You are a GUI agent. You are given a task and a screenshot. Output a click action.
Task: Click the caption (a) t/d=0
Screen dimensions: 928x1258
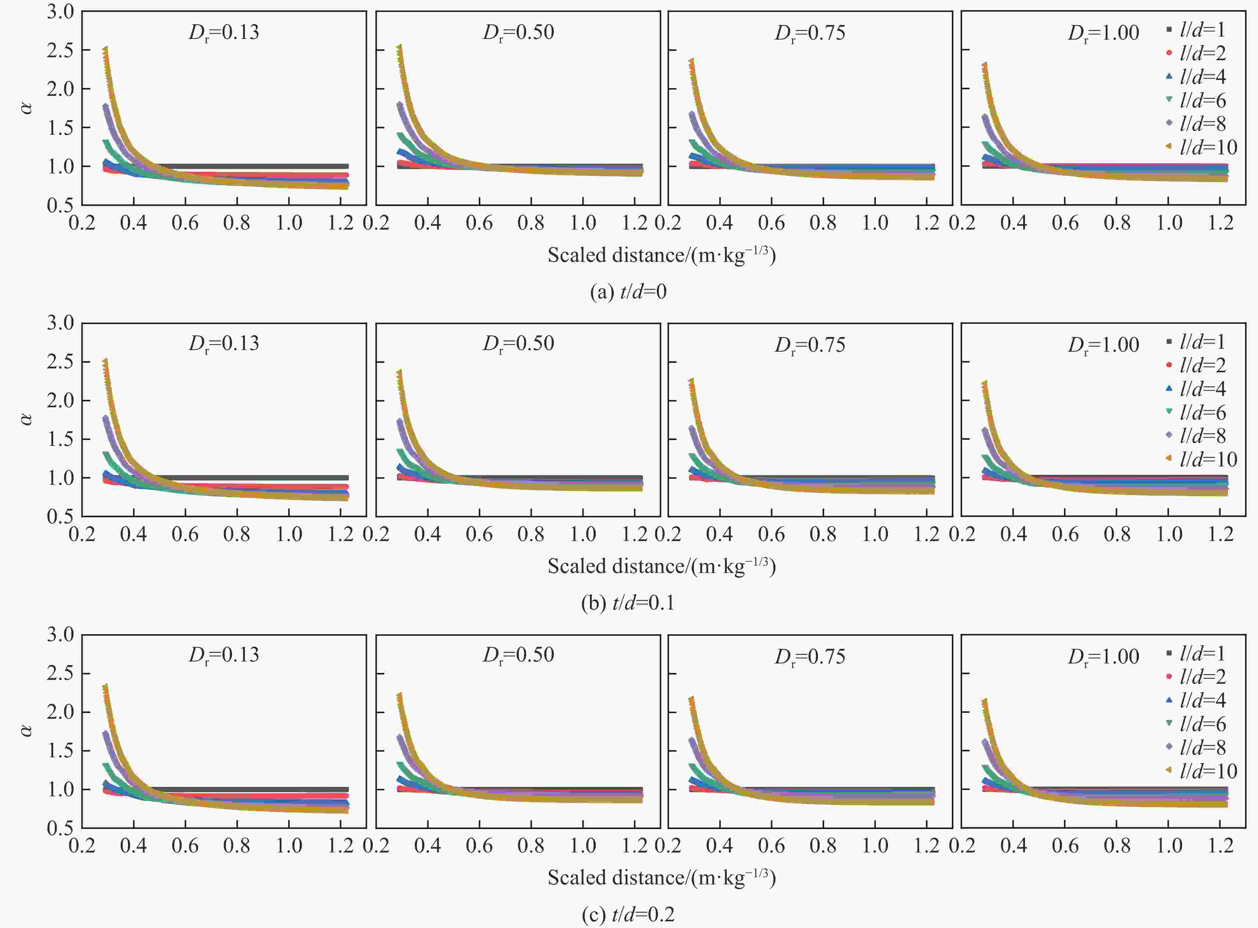[628, 291]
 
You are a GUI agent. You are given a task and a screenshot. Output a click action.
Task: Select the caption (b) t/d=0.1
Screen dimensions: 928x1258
[628, 603]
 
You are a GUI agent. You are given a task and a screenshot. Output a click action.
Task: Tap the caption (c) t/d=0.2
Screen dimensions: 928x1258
[628, 914]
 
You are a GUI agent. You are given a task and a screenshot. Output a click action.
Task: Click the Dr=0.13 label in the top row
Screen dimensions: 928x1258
[224, 33]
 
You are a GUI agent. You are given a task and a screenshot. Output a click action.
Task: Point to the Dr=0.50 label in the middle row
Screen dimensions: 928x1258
[518, 344]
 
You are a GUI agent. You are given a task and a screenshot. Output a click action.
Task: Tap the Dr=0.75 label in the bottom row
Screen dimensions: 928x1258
[810, 656]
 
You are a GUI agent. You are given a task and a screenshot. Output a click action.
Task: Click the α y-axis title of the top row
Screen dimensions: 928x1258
[26, 107]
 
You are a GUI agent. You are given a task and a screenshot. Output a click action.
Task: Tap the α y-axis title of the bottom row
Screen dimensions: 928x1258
[26, 730]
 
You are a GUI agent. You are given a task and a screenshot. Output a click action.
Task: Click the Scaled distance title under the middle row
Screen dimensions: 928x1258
[661, 566]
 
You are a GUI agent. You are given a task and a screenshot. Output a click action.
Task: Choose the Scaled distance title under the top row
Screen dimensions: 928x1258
[661, 255]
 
